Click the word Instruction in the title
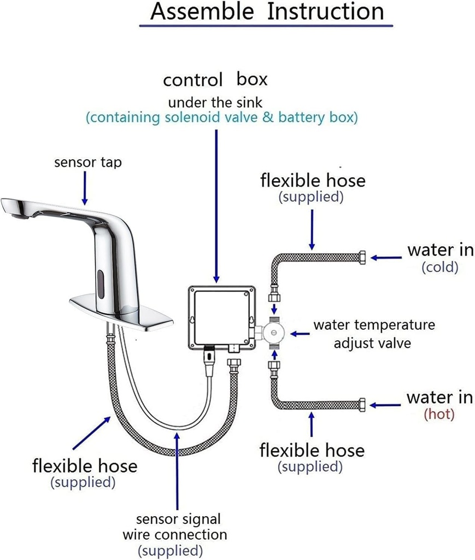tap(326, 12)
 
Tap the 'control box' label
tap(215, 80)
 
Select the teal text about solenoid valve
tap(221, 117)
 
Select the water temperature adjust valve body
tap(274, 332)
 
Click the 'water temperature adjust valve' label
tap(374, 334)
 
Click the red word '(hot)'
tap(439, 414)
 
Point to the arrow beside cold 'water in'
tap(386, 256)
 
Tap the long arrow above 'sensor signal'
tap(177, 470)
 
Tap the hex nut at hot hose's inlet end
tap(363, 405)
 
